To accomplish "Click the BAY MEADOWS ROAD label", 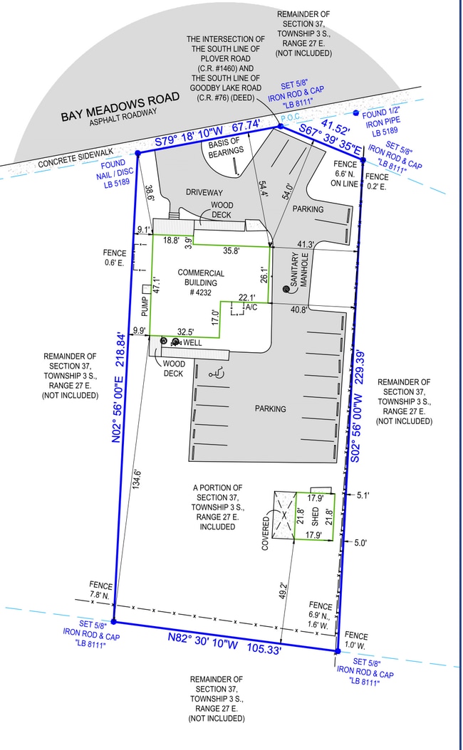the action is (120, 106).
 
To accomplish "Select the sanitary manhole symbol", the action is (286, 289).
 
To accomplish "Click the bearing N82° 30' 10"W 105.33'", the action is (224, 643).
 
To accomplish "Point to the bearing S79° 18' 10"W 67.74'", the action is (207, 134).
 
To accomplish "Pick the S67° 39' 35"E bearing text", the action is (330, 140).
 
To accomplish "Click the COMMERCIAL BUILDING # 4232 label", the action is (201, 282).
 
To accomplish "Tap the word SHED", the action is (315, 516).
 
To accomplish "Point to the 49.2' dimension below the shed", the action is (283, 591).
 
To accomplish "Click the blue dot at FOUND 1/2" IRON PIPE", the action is (355, 113).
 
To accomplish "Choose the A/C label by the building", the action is (251, 307).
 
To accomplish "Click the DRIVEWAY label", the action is (204, 193).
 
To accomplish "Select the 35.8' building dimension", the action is (231, 250).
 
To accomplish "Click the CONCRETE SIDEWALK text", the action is (76, 158).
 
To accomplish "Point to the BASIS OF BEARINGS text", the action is (225, 147).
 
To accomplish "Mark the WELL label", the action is (192, 343).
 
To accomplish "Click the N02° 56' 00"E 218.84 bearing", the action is (120, 387).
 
